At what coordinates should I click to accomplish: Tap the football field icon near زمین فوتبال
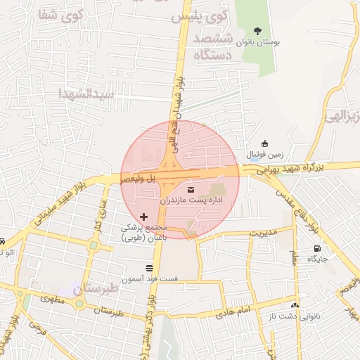pyautogui.click(x=264, y=143)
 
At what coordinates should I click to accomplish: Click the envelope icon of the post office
pyautogui.click(x=192, y=189)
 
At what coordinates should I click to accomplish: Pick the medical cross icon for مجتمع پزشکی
pyautogui.click(x=144, y=217)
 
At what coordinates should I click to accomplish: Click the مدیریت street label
pyautogui.click(x=265, y=232)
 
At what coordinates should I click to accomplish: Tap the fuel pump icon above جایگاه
pyautogui.click(x=317, y=248)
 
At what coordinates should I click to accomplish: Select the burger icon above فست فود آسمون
pyautogui.click(x=149, y=268)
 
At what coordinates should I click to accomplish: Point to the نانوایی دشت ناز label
pyautogui.click(x=295, y=315)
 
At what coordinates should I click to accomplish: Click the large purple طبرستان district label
pyautogui.click(x=79, y=289)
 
